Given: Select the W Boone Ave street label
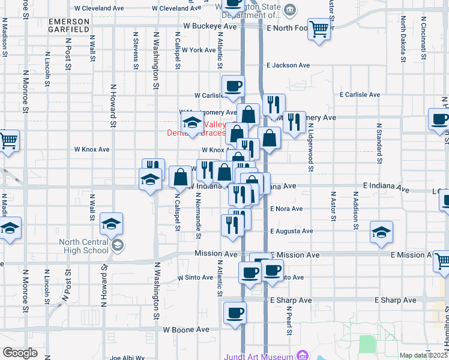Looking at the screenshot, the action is (186, 329).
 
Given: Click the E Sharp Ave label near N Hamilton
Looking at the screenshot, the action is (395, 300).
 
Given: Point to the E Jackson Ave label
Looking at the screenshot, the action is (288, 65).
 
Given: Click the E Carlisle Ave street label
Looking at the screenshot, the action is (360, 95).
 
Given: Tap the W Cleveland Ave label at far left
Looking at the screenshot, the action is (98, 9).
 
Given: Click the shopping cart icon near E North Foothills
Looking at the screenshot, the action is (319, 28).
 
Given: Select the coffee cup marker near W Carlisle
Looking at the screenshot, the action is (233, 85).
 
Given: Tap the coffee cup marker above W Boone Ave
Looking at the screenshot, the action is (235, 312).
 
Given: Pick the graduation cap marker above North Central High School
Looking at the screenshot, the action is (110, 224).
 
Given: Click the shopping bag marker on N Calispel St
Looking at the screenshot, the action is (180, 176).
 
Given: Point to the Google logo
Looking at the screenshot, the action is (19, 353).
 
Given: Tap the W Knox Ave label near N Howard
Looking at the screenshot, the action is (91, 149).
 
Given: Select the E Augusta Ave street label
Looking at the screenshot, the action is (291, 231).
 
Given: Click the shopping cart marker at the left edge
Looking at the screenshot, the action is (8, 141).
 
